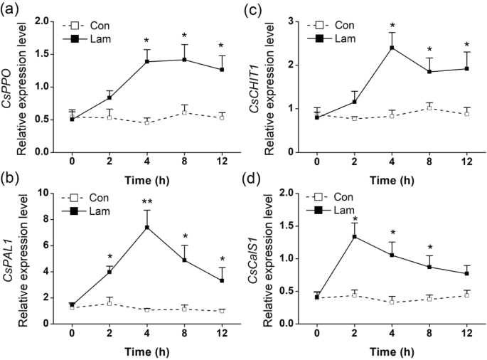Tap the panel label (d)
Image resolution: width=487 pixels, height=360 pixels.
point(258,180)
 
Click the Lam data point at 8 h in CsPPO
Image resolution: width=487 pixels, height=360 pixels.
point(184,60)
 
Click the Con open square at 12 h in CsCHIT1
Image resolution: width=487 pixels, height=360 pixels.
point(467,114)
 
